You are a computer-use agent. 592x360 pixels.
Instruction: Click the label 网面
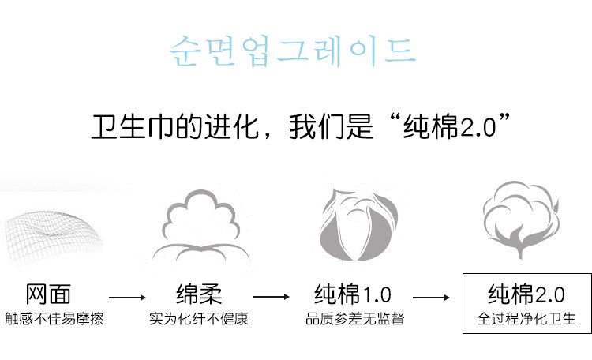point(48,295)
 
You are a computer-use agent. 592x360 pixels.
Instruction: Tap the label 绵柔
point(197,295)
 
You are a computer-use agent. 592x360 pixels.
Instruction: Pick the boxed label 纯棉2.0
point(526,295)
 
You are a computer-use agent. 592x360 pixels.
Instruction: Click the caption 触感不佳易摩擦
point(53,320)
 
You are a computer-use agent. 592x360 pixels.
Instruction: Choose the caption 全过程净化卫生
point(526,320)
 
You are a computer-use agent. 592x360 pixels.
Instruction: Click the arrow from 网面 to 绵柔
point(127,298)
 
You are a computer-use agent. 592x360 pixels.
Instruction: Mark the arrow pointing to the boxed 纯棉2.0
point(431,298)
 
